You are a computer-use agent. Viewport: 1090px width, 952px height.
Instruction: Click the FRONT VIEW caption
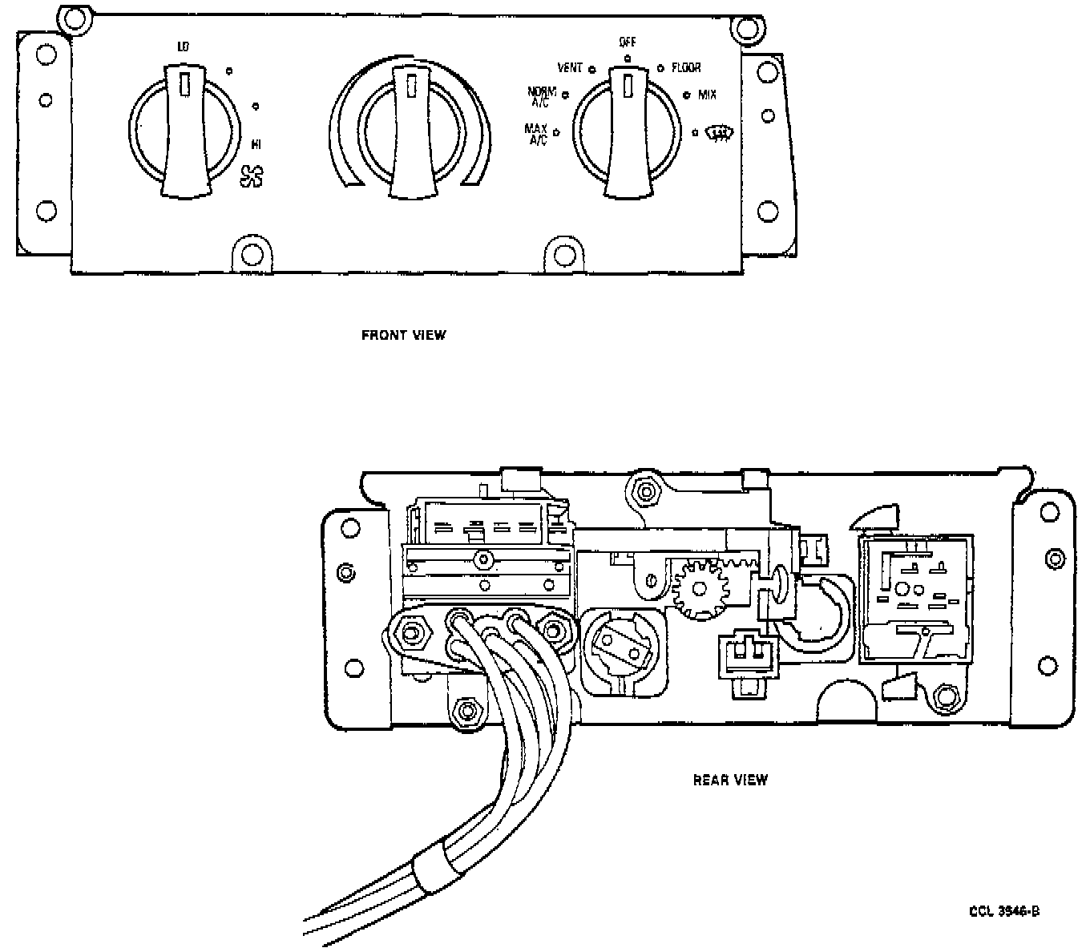(403, 335)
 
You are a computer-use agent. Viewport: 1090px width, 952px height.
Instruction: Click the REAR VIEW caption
(729, 779)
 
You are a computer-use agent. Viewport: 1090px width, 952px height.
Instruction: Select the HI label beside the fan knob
(256, 145)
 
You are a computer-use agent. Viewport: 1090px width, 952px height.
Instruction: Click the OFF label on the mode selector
(627, 42)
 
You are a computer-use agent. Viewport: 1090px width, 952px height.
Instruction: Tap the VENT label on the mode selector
(570, 68)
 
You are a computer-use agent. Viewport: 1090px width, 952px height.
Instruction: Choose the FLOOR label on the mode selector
(686, 68)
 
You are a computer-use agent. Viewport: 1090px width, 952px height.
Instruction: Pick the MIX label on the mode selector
(707, 95)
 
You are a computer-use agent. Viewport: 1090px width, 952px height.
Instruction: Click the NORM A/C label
(543, 96)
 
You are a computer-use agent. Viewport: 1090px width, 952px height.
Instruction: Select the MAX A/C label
(536, 133)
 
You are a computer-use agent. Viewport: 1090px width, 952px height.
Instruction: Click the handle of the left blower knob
(185, 132)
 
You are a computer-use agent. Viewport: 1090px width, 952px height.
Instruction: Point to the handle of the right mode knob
(628, 132)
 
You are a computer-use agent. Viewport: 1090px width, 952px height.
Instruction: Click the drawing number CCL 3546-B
(1004, 910)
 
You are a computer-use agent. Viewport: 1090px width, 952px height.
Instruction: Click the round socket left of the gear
(624, 650)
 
